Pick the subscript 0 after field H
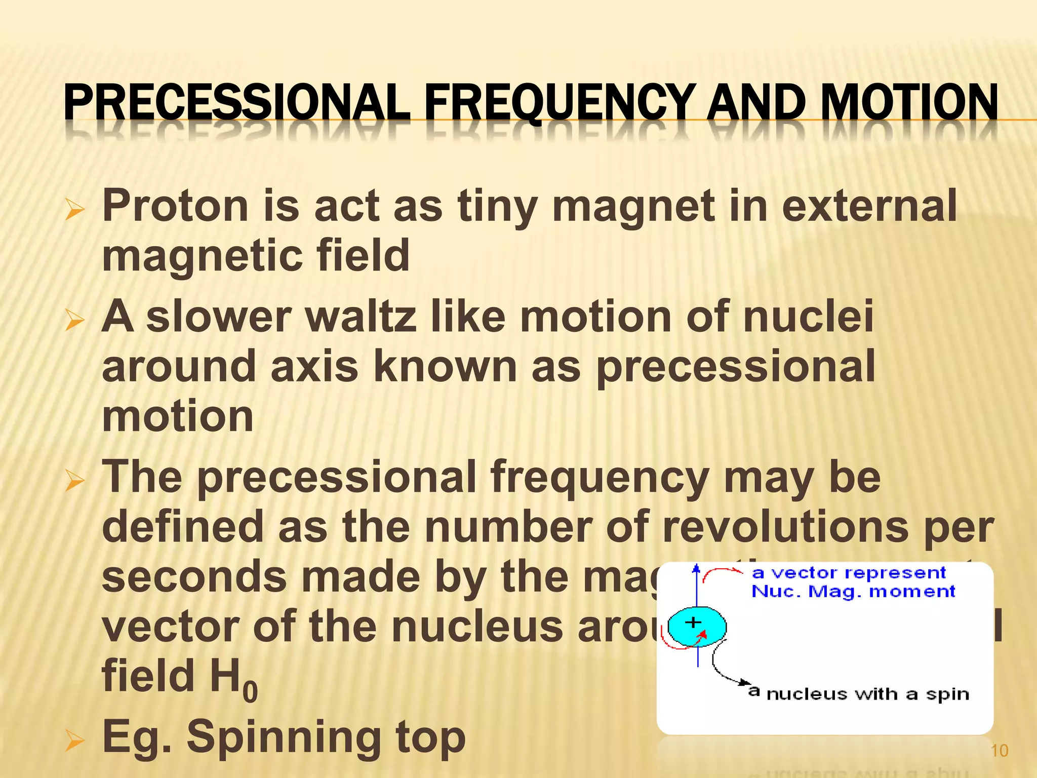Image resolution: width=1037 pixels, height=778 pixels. (x=250, y=692)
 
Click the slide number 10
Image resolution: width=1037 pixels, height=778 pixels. (x=999, y=751)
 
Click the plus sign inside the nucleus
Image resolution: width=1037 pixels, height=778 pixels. (x=693, y=622)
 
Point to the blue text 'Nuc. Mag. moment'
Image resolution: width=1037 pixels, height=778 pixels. (x=853, y=592)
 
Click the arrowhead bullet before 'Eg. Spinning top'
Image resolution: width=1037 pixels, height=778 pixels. (x=74, y=742)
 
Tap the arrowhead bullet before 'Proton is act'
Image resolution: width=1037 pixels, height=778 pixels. (x=74, y=210)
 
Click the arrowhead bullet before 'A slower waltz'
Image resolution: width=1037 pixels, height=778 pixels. (x=74, y=321)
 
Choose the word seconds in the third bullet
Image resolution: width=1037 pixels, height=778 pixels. (x=194, y=577)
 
